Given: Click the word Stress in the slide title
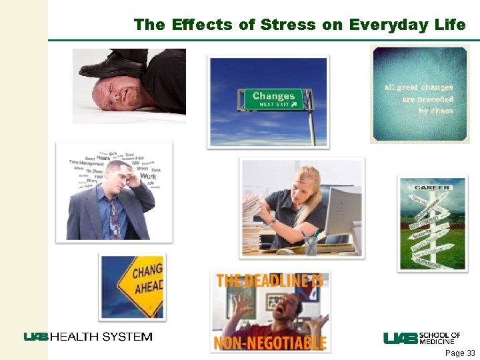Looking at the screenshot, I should [287, 25].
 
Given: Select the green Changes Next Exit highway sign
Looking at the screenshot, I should [273, 99].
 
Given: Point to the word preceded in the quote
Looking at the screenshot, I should [427, 99].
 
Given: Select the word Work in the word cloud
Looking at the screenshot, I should [147, 177].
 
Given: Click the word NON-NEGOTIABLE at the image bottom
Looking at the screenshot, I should [270, 343].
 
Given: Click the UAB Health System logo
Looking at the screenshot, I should [89, 337].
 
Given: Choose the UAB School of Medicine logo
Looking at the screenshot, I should [421, 338].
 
